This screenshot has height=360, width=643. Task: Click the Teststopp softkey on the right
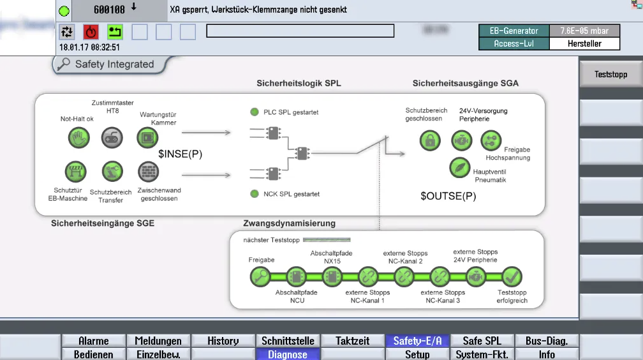(x=610, y=75)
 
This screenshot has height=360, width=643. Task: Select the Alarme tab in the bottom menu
(x=94, y=341)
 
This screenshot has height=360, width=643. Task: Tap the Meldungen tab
(x=159, y=341)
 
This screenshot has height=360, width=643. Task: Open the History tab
(x=223, y=341)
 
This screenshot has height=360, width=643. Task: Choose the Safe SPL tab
(x=482, y=341)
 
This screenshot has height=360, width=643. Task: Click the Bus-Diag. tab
(x=546, y=341)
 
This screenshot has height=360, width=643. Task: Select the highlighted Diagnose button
(x=288, y=354)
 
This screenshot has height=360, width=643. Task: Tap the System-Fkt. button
(x=482, y=354)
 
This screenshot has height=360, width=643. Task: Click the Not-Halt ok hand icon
(x=78, y=137)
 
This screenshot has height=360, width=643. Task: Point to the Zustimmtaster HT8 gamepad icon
(x=112, y=137)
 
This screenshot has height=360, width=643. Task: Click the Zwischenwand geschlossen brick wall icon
(x=148, y=171)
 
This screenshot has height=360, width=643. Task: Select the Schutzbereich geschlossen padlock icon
(x=430, y=140)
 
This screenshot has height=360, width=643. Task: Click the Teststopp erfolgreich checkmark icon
(x=512, y=277)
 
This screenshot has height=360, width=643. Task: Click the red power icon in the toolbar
(x=91, y=32)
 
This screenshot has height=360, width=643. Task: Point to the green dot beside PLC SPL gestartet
(x=255, y=112)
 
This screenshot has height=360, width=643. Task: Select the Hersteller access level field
(x=584, y=44)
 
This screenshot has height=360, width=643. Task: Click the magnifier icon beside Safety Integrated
(x=63, y=64)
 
